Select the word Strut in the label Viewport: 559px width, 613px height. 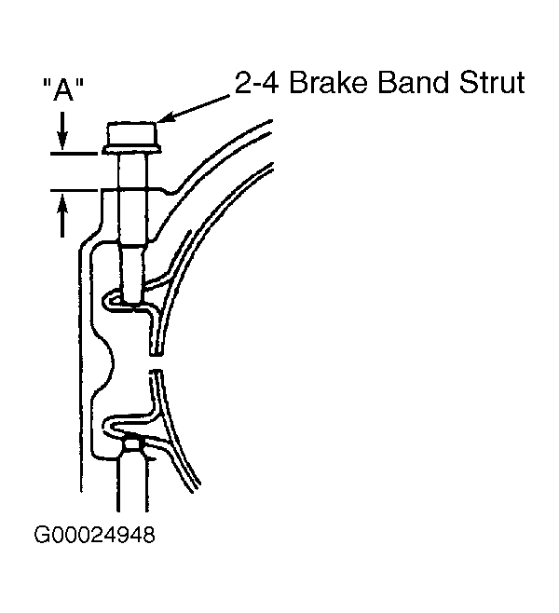pos(492,83)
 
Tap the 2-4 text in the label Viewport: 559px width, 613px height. pos(256,83)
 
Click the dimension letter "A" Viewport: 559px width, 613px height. pos(63,89)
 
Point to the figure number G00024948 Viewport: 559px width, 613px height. pos(94,535)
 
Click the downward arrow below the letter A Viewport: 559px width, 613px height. pos(62,130)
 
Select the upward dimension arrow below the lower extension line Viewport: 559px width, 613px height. pos(62,216)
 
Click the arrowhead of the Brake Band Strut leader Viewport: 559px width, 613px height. pos(163,117)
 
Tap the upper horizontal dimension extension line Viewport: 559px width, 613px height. pos(74,154)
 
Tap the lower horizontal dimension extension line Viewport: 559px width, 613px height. pos(74,191)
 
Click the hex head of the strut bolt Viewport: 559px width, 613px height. pos(131,133)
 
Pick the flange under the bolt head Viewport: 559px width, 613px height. pos(131,149)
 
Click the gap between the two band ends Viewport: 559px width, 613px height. pos(156,362)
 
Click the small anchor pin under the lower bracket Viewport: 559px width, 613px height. pos(133,444)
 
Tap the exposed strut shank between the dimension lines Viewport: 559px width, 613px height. pos(133,172)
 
